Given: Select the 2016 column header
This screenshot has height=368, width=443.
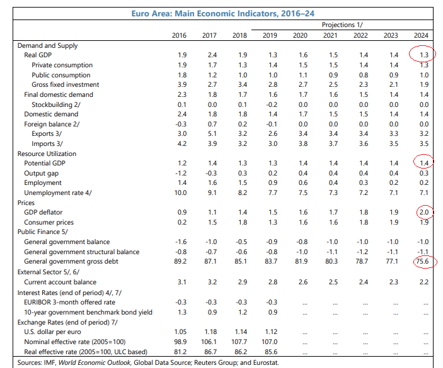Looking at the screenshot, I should (179, 35).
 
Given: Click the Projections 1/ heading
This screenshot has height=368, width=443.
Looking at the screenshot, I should (342, 25).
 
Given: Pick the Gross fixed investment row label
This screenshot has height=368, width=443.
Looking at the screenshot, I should (66, 84).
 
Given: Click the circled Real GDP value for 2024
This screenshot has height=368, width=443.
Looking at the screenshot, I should (423, 55).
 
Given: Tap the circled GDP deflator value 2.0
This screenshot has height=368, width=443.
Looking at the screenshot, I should (423, 213).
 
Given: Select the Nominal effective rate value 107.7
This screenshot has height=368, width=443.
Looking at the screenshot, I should (239, 341).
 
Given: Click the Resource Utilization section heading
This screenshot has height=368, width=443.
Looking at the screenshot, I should (47, 153).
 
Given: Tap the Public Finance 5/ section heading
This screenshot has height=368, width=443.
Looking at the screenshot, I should (43, 231).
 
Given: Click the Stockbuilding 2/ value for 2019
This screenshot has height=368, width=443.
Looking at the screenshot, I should (270, 104).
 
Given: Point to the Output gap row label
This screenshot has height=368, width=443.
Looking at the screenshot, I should (42, 173).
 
